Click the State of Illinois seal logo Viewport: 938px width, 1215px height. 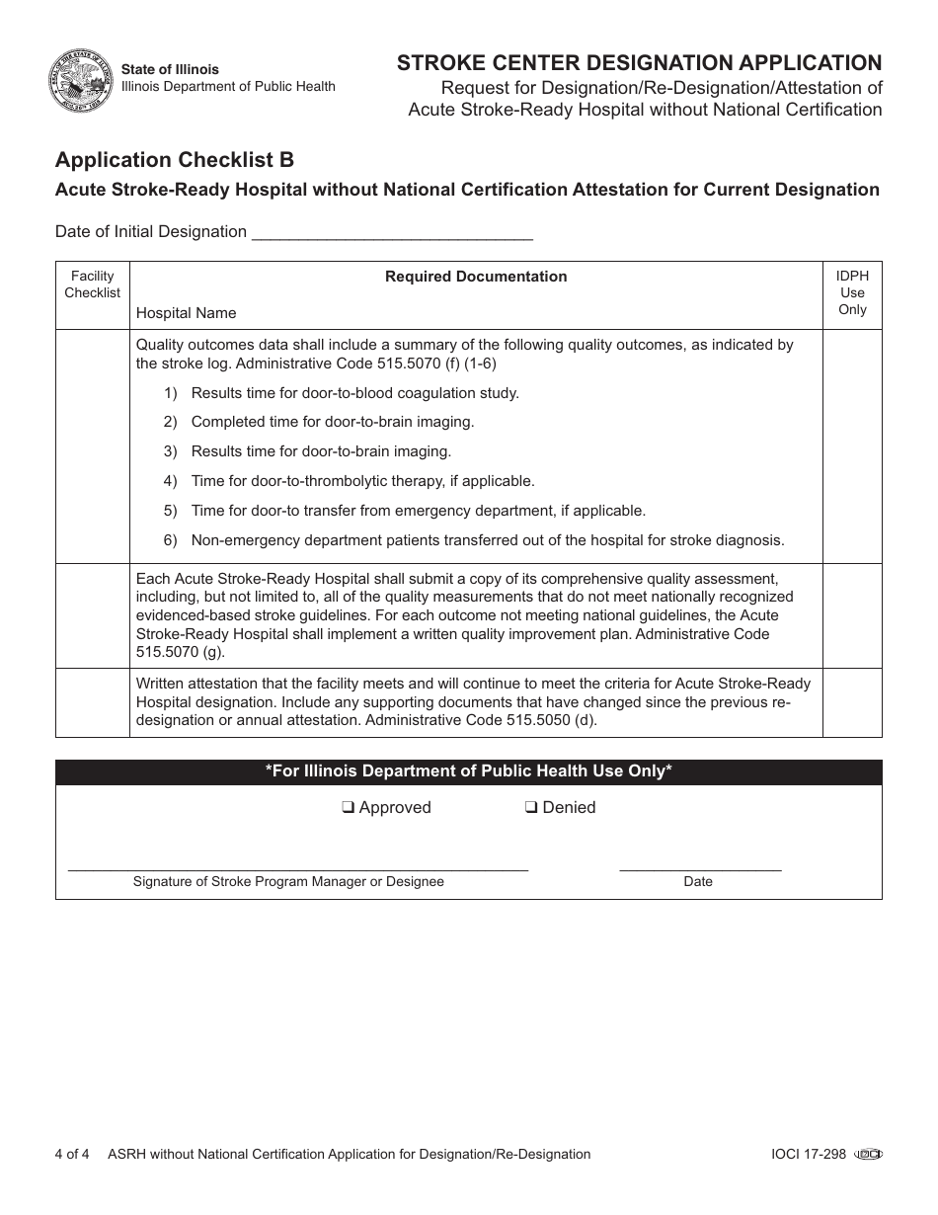point(80,79)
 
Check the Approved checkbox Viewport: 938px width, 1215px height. point(349,807)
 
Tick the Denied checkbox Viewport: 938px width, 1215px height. point(531,807)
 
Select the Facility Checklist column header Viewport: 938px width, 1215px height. point(92,284)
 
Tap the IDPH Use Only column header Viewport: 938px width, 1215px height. point(852,292)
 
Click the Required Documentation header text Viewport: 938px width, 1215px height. point(476,277)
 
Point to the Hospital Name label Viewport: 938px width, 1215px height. point(186,313)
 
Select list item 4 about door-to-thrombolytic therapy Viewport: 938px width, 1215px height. point(362,481)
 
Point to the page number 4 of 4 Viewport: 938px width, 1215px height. point(72,1154)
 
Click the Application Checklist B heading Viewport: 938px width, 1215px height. point(175,159)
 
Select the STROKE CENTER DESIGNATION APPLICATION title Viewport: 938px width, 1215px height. point(639,63)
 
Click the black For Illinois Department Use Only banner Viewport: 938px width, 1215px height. point(468,771)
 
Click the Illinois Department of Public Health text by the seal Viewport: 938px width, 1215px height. point(228,87)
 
